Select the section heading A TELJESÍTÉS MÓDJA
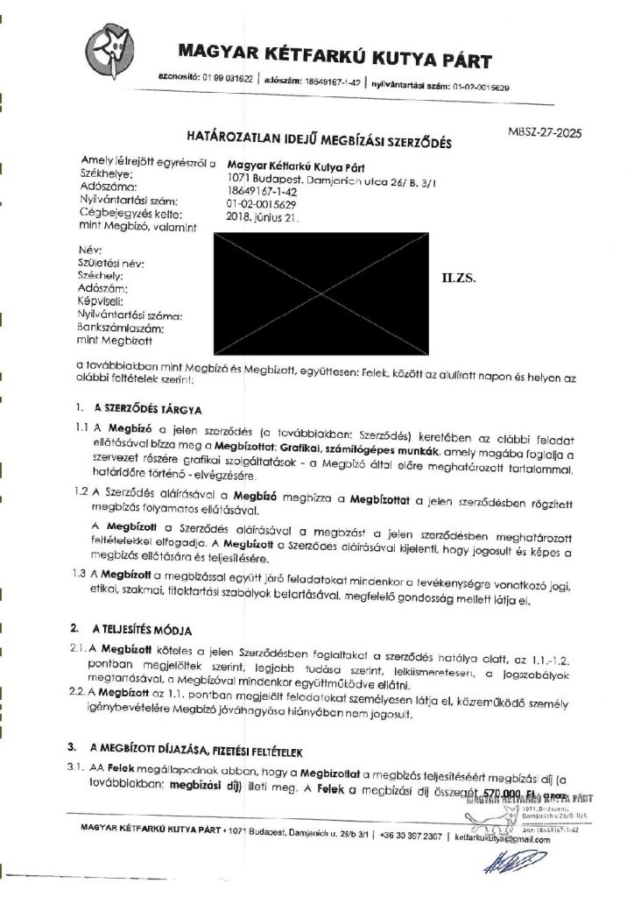141,630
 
